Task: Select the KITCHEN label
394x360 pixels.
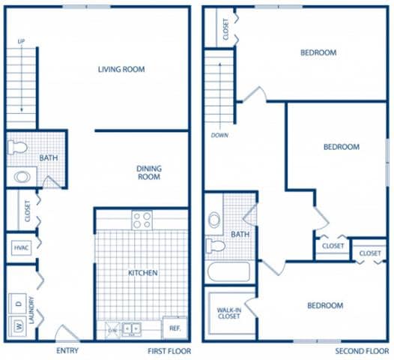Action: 142,273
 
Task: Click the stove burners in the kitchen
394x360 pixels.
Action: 142,220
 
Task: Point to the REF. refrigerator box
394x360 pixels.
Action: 174,328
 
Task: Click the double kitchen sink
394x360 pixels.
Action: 133,328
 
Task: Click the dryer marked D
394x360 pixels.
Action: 16,304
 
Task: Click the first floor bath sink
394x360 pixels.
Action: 22,177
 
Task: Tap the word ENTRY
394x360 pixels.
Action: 67,351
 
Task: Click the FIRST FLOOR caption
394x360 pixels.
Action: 169,351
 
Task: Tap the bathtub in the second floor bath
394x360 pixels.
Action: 230,271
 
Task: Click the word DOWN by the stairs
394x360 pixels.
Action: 219,136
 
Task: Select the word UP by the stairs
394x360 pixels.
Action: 21,41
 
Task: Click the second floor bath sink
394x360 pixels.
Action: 215,220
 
